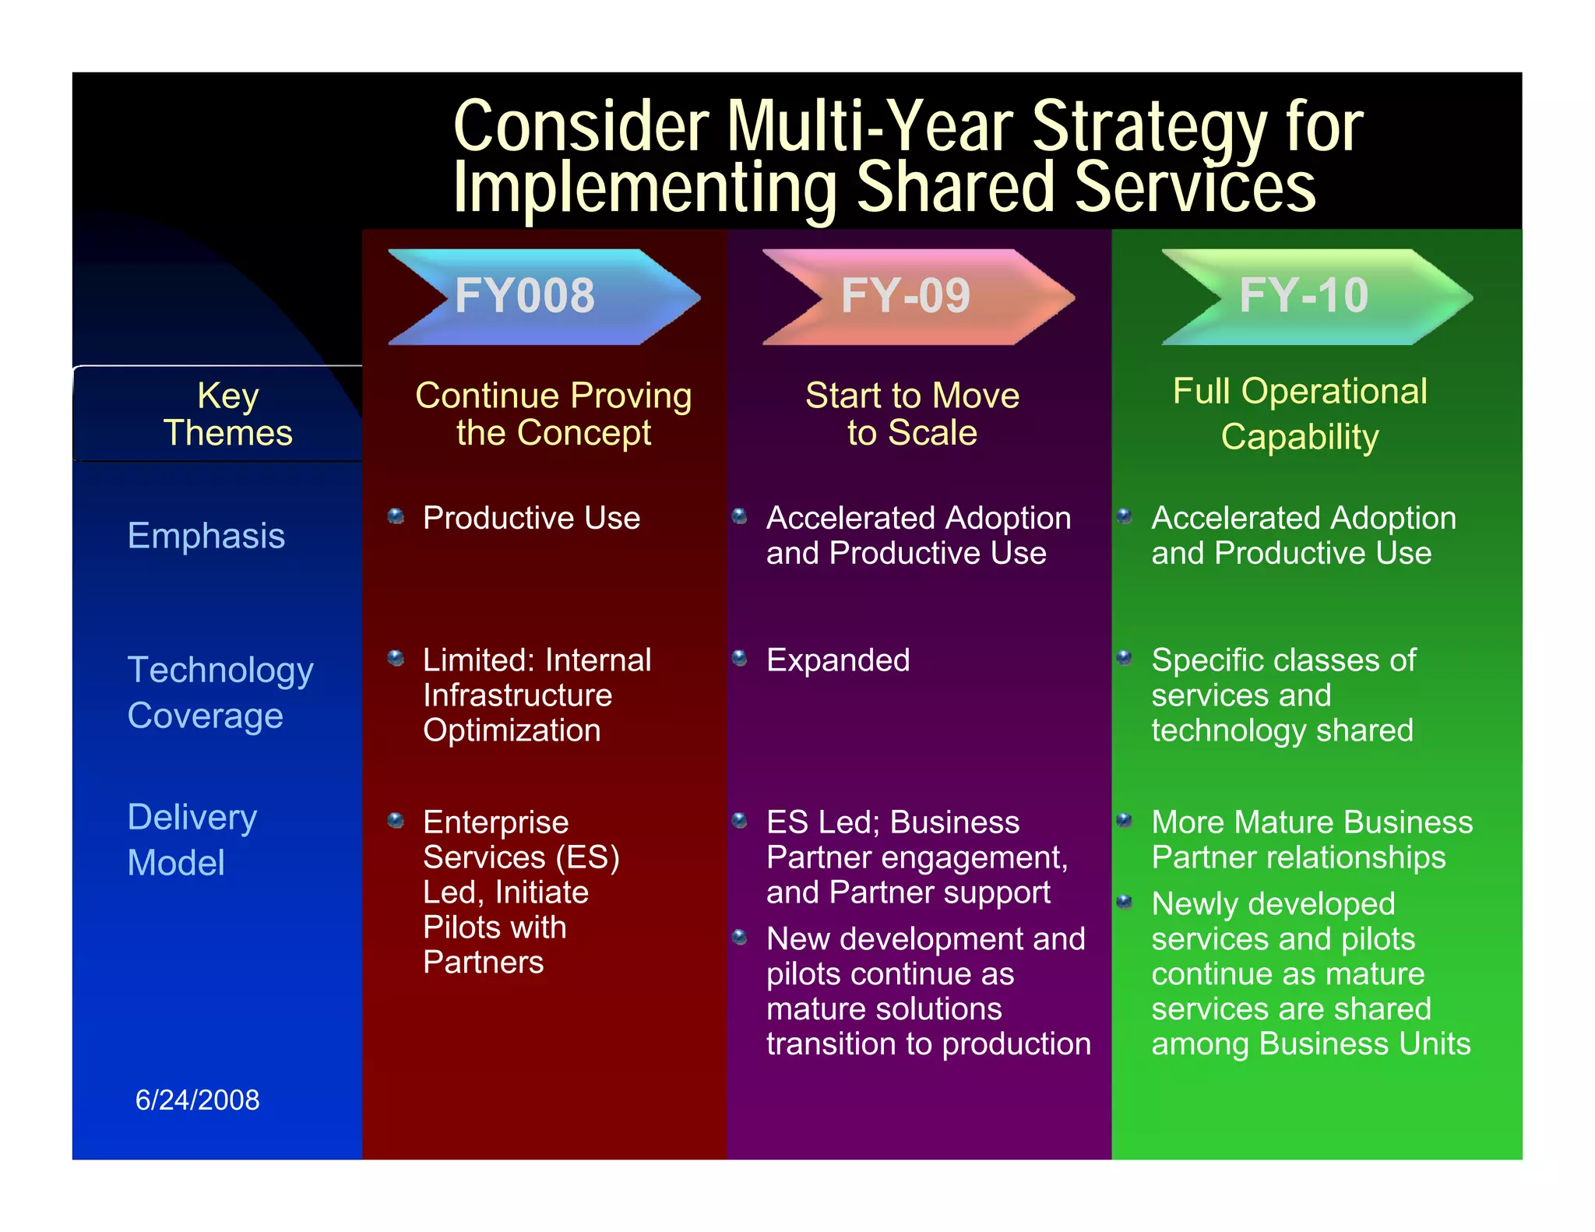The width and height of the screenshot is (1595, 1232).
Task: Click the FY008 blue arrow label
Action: click(526, 296)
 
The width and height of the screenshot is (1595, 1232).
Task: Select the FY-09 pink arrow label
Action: click(906, 296)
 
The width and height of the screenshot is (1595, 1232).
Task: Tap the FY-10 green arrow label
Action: click(1304, 296)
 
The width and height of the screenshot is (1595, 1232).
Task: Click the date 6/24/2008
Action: click(197, 1100)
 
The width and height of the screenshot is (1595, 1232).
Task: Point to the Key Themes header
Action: click(227, 414)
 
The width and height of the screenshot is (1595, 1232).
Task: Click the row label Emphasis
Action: click(206, 536)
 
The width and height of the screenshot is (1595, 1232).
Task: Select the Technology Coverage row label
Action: click(220, 692)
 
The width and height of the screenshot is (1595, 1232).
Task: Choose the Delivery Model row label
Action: click(192, 840)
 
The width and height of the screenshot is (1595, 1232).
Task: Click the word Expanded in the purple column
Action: click(838, 660)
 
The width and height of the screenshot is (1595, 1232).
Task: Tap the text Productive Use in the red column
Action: click(531, 518)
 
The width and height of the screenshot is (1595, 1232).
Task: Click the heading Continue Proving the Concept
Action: click(553, 414)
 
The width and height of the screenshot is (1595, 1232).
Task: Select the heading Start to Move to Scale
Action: click(912, 414)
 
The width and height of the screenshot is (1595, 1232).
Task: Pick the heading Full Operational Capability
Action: click(1300, 414)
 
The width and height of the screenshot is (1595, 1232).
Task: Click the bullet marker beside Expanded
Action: click(740, 659)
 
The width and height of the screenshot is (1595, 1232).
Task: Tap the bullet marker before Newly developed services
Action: click(1124, 902)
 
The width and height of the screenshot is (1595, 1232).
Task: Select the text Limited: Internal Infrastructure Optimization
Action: click(537, 695)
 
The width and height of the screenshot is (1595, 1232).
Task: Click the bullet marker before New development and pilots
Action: click(740, 937)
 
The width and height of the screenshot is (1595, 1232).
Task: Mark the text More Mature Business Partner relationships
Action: click(1312, 840)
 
